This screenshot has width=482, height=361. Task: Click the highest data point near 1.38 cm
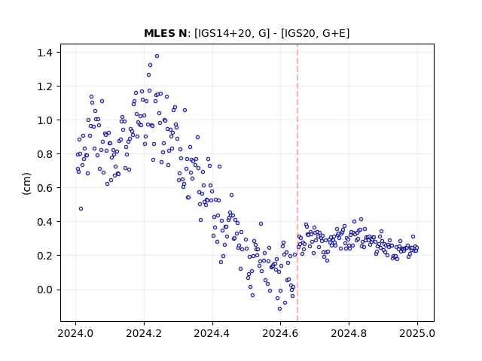point(157,56)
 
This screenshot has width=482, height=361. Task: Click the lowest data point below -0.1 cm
point(279,309)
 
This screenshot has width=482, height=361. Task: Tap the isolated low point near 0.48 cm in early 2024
point(81,209)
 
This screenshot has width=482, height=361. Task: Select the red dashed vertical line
point(297,183)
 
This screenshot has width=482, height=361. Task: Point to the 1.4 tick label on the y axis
point(44,53)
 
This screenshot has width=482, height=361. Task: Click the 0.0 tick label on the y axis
point(44,290)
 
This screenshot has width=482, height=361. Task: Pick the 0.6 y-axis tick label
point(44,187)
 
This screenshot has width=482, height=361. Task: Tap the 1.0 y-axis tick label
point(44,120)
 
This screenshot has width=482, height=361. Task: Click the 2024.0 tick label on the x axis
point(75,333)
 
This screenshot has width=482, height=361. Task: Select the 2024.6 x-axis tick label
point(280,333)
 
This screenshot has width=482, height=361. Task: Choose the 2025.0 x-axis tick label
point(417,333)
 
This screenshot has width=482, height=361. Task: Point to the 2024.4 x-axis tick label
point(212,333)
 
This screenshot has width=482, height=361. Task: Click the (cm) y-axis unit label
point(27,184)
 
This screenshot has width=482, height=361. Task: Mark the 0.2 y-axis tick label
point(44,256)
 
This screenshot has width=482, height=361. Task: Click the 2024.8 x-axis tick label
point(349,333)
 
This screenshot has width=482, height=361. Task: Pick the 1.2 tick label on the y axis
point(44,86)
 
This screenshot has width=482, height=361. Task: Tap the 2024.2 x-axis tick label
point(144,333)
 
